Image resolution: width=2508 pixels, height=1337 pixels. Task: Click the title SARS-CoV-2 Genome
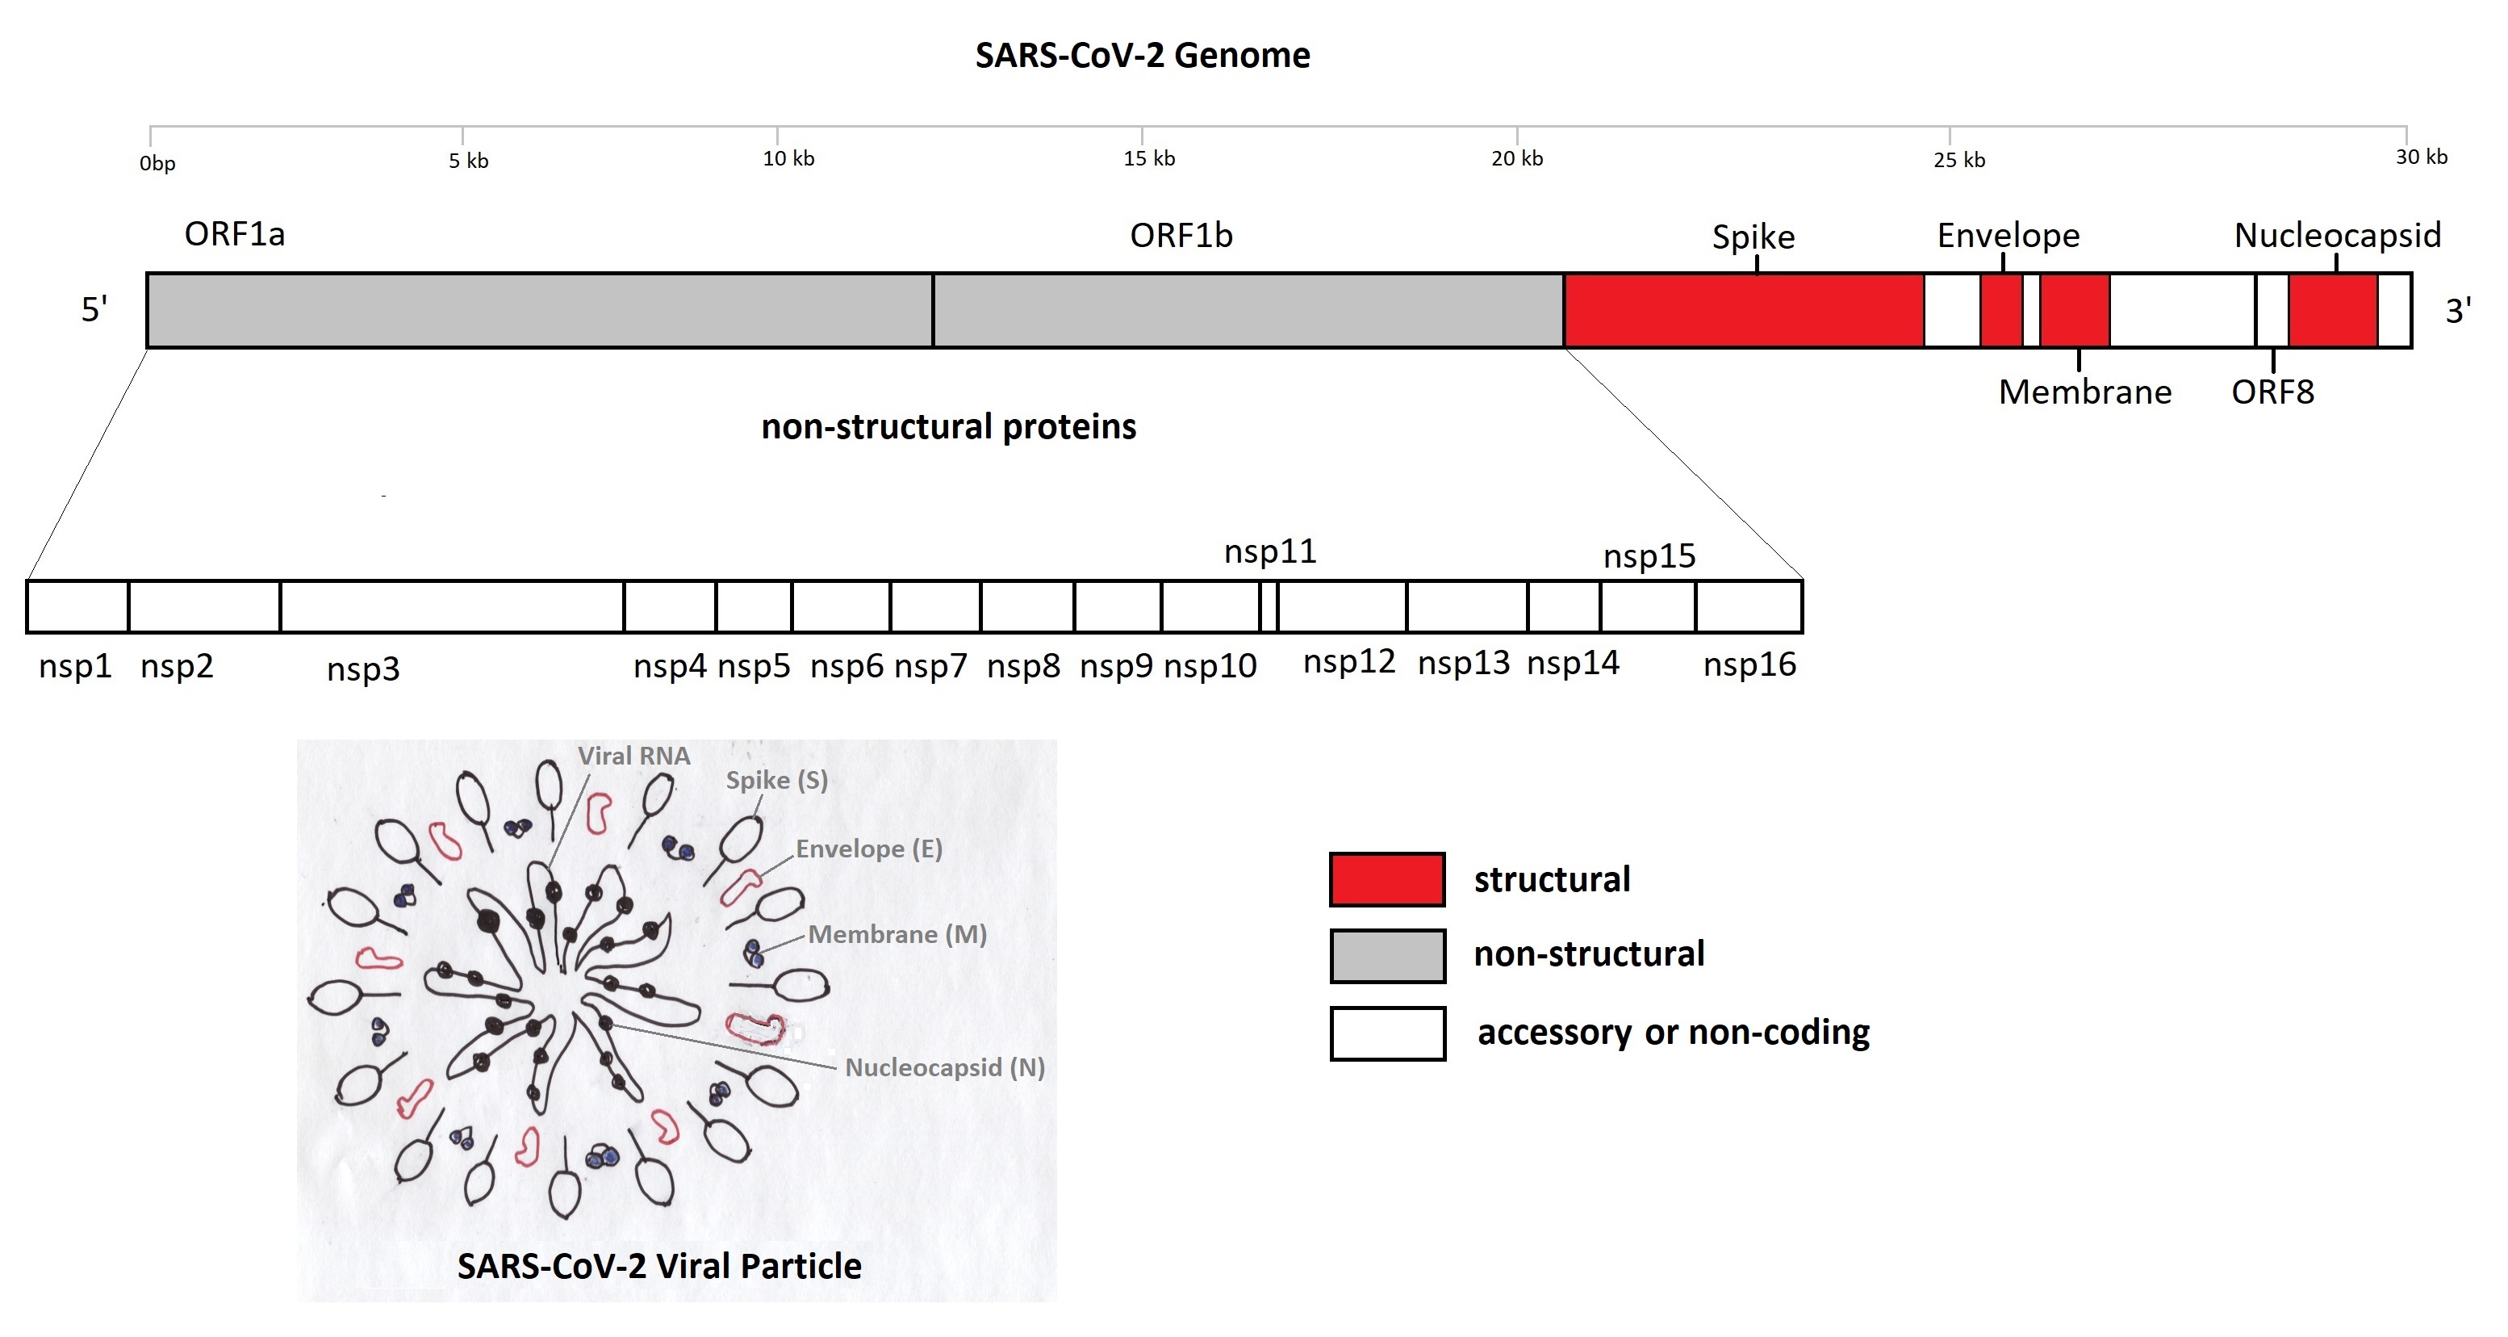1142,56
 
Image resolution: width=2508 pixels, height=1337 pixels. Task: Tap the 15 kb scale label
1149,159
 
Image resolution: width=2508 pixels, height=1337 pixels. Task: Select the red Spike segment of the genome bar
1743,311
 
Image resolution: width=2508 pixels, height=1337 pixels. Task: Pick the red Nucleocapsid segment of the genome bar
2333,311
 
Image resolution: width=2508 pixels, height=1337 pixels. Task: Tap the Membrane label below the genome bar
2084,392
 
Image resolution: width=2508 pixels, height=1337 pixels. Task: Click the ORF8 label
2272,392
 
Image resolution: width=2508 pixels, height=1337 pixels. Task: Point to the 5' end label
94,311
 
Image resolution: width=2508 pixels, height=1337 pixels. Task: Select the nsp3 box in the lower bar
452,606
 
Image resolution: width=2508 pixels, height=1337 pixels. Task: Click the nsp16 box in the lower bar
1749,606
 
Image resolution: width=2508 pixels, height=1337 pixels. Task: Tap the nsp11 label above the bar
1269,552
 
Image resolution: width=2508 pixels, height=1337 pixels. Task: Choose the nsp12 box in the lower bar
1342,606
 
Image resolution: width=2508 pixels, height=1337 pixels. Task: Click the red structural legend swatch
1386,879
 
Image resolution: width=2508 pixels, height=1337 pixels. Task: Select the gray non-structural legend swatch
1386,955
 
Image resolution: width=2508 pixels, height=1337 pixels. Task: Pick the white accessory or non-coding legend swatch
1386,1033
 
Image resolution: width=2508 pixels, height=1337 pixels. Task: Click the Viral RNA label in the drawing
633,757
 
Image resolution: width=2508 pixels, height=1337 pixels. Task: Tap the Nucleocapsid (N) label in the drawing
944,1068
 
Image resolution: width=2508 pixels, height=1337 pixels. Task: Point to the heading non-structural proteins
948,426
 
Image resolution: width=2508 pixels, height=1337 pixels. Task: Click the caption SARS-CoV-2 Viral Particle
659,1266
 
